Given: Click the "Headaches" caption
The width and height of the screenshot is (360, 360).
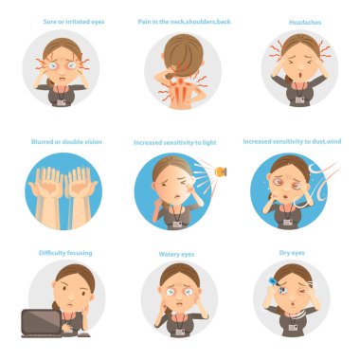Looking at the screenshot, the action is click(305, 23).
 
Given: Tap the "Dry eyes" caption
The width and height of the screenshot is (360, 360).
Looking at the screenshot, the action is click(292, 253).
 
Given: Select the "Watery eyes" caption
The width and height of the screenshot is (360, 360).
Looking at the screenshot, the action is click(176, 254).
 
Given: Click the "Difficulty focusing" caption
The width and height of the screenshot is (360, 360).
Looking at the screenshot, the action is click(65, 253).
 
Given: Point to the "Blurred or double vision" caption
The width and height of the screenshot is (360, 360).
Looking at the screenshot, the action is click(66, 142).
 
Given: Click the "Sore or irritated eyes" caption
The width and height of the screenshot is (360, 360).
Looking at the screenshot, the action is click(74, 22).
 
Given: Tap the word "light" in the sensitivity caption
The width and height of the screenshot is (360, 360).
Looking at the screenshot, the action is click(209, 143).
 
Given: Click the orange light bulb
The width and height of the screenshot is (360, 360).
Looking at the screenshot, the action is click(221, 171).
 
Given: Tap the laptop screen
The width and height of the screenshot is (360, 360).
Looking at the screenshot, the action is click(42, 322).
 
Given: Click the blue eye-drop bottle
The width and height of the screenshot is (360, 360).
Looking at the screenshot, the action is click(272, 280).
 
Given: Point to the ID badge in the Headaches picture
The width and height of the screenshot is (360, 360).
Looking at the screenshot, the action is click(299, 100).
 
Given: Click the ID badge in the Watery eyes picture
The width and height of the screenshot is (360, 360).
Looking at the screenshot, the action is click(180, 332).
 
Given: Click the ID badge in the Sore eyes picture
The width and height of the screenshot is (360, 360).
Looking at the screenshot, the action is click(62, 102).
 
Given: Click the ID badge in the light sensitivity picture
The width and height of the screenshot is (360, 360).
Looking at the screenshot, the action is click(177, 225).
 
